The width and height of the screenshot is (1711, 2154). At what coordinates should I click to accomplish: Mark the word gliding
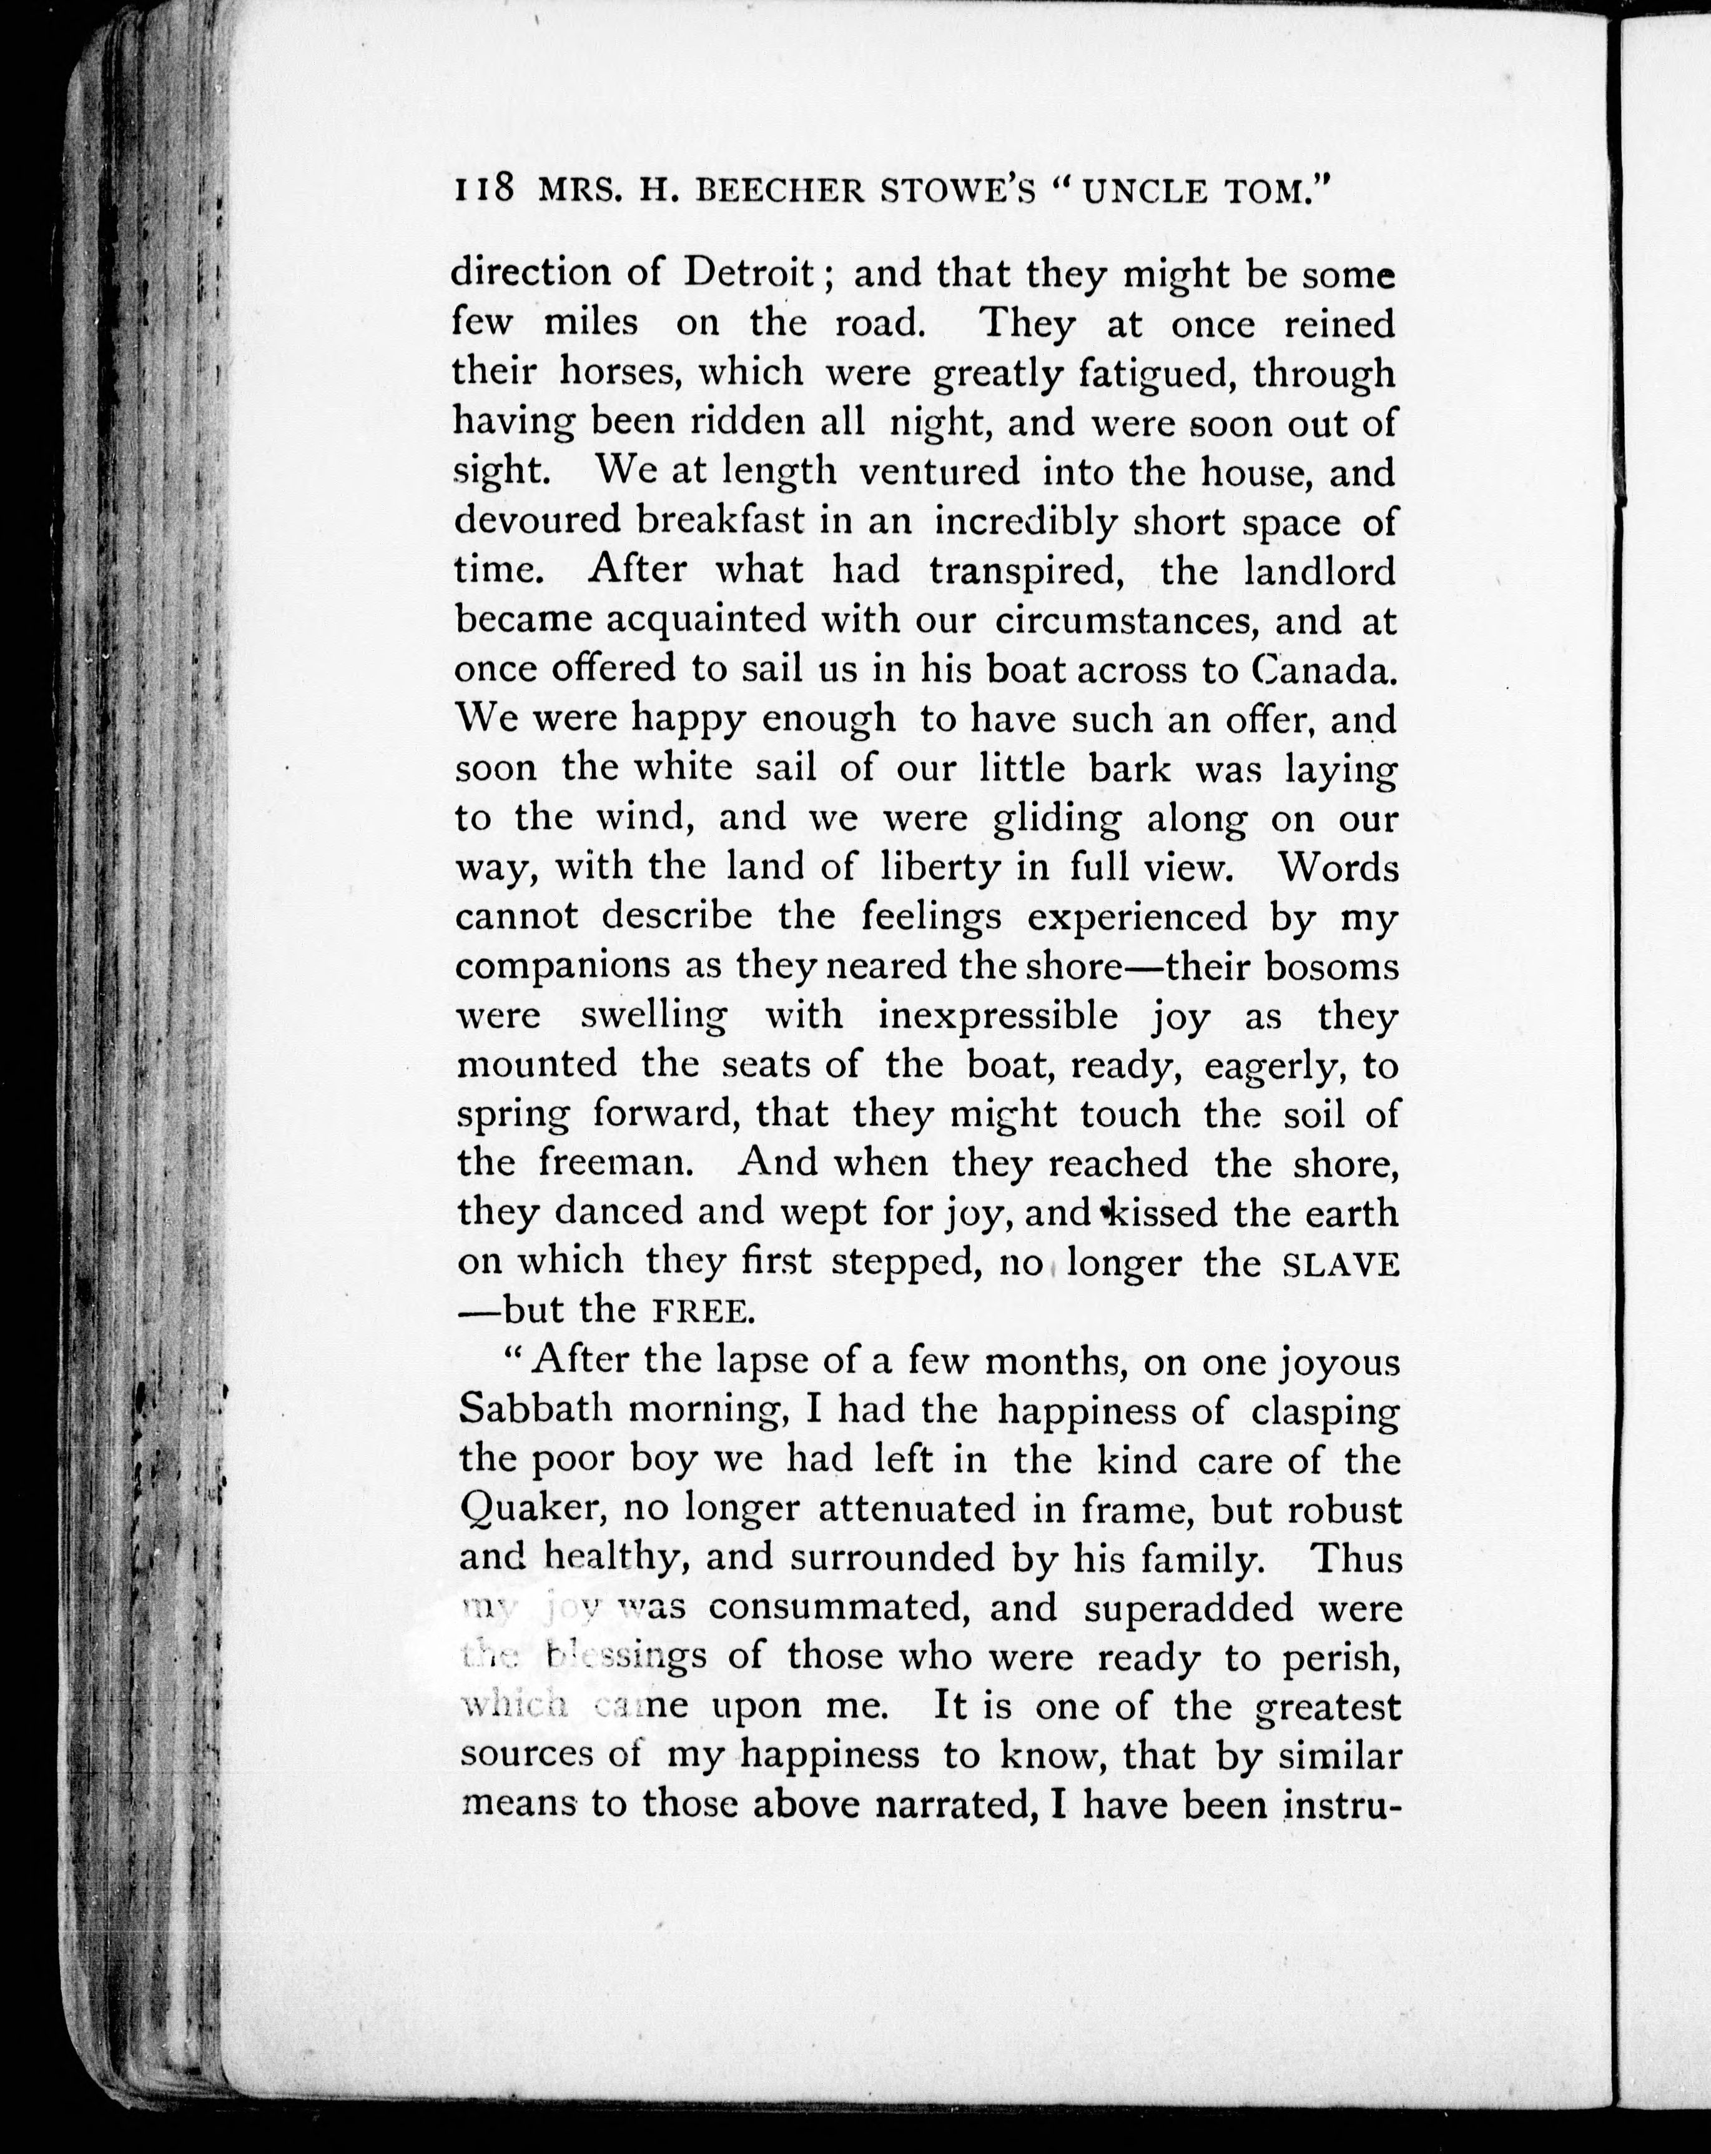(x=1057, y=819)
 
